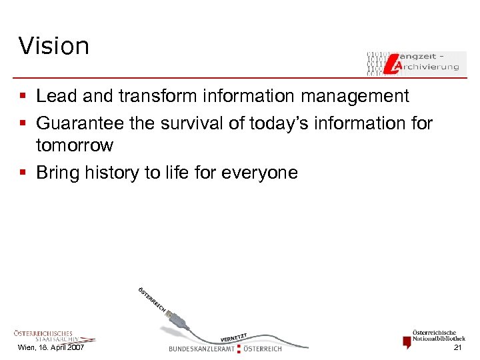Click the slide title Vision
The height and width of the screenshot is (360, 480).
tap(54, 46)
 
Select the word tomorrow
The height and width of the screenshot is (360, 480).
tap(75, 145)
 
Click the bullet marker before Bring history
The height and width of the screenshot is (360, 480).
tap(23, 173)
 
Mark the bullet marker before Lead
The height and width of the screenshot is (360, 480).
tap(23, 97)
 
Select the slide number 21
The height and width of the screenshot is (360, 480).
tap(457, 348)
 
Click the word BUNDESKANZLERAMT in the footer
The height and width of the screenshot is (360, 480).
tap(201, 349)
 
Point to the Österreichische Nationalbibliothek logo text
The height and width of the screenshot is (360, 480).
tap(439, 335)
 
